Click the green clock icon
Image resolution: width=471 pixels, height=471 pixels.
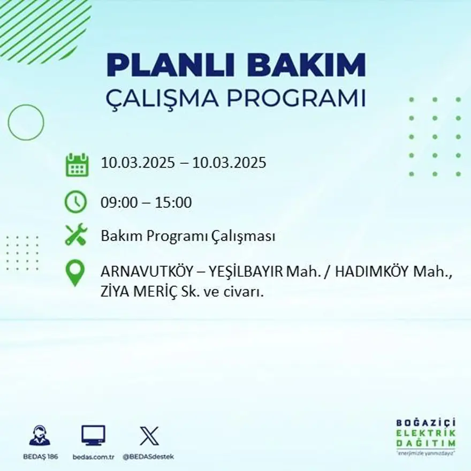75,202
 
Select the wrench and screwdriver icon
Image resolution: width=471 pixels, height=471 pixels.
75,235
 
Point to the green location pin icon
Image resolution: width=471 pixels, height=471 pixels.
75,272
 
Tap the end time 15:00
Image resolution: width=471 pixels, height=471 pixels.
173,203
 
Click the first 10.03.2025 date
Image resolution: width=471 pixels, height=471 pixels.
138,163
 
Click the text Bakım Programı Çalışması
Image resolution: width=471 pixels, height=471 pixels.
188,236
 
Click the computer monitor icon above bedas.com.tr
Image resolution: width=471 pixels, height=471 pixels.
93,436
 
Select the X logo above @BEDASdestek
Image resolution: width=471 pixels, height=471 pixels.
148,436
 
